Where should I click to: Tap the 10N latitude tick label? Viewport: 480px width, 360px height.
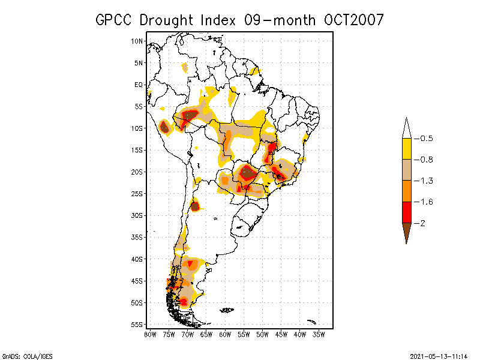click(137, 41)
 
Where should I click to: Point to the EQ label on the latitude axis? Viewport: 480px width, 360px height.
click(139, 85)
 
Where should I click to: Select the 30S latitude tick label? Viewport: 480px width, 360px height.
click(137, 215)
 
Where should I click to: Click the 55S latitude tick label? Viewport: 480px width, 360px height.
click(137, 325)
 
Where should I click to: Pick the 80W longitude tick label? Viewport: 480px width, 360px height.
click(150, 334)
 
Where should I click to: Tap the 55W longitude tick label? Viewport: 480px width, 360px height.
click(244, 334)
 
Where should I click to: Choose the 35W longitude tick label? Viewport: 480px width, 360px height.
click(319, 334)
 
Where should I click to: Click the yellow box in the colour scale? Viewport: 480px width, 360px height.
click(406, 149)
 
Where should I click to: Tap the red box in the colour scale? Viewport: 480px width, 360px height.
click(406, 212)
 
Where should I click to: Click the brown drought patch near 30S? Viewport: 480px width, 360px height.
click(195, 206)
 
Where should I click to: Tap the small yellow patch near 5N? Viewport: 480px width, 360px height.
click(185, 67)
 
